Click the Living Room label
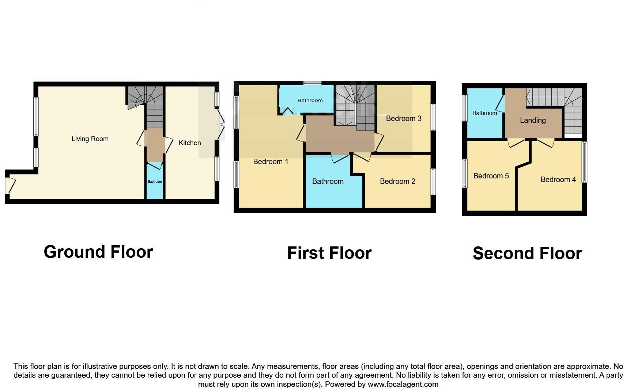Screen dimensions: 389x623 (90, 139)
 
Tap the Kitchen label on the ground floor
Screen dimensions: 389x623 (190, 143)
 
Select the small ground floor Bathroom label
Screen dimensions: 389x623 (155, 182)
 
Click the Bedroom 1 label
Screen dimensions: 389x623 (271, 162)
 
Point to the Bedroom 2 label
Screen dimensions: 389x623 (397, 181)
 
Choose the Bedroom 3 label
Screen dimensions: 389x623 (404, 118)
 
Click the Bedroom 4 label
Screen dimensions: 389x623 (558, 180)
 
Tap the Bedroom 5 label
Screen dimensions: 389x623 (491, 176)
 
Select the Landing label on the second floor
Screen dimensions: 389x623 (533, 120)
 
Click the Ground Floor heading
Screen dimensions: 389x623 (98, 252)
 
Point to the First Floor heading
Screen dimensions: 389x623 (329, 253)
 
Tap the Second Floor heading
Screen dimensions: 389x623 (527, 253)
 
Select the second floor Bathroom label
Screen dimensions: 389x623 (484, 113)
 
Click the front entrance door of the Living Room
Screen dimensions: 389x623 (10, 185)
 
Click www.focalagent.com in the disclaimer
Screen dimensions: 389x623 (403, 384)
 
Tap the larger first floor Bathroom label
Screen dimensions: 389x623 (328, 181)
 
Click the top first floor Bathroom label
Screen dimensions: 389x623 (310, 100)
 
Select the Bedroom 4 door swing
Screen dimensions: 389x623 (546, 143)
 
